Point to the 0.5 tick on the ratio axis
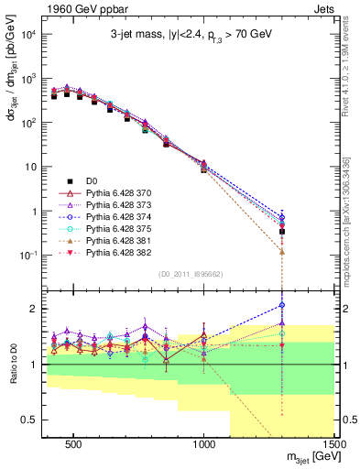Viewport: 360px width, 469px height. [29, 420]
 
